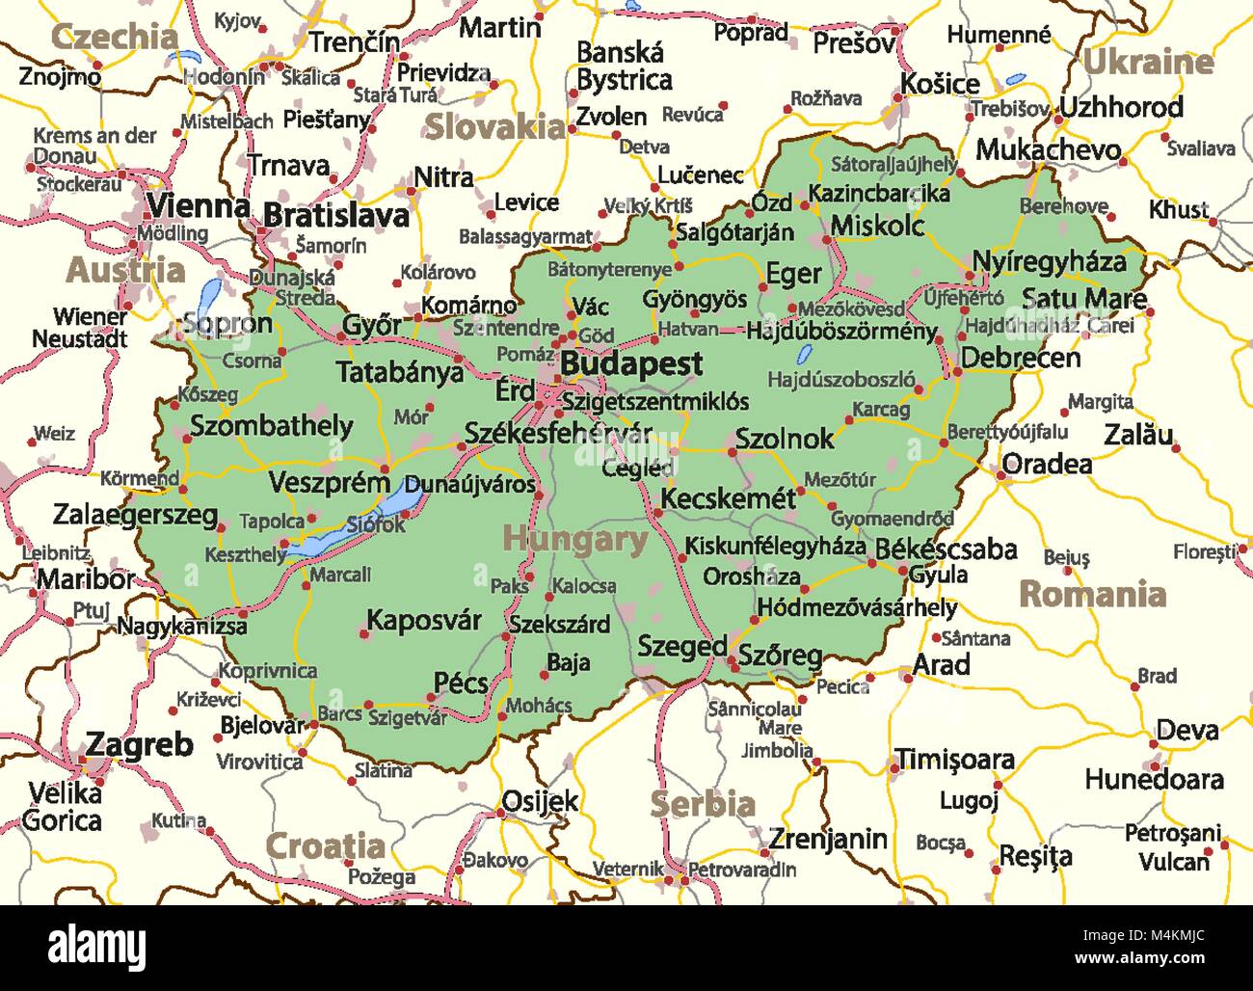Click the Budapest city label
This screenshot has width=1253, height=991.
tap(631, 364)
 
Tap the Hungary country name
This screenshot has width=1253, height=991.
tap(574, 540)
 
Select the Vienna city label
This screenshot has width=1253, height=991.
tap(198, 205)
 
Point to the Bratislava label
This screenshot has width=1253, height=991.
tap(336, 215)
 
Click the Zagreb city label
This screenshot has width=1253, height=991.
tap(140, 744)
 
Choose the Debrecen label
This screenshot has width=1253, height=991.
tap(1020, 358)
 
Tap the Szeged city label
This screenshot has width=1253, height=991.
tap(681, 647)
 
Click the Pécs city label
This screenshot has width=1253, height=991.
tap(461, 683)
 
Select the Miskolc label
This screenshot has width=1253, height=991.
tap(877, 226)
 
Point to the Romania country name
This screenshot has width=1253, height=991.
tap(1092, 594)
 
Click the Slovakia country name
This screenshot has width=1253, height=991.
tap(494, 126)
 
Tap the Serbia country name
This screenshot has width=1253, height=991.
tap(702, 803)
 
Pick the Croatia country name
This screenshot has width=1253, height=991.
tap(325, 846)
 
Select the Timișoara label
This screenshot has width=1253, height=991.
tap(954, 760)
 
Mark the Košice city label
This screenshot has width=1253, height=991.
tap(939, 84)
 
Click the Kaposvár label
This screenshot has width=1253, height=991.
tap(424, 620)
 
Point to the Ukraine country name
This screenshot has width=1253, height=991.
tap(1148, 63)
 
